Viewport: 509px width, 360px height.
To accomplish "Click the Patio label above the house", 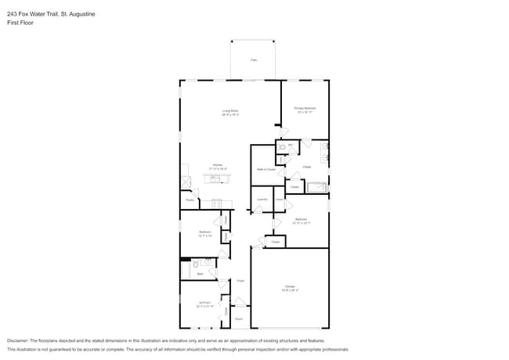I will pos(253,60).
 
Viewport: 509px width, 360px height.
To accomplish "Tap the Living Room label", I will pos(230,113).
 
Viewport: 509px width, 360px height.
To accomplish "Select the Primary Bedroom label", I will pos(304,110).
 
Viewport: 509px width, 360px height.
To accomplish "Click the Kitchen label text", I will pos(218,166).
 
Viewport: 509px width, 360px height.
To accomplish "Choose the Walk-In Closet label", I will pos(265,169).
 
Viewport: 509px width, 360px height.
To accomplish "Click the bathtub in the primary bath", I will pos(316,187).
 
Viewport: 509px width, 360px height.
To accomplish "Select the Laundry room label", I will pos(262,200).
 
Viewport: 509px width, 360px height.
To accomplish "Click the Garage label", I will pos(290,288).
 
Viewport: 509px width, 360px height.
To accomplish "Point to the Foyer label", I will pos(240,280).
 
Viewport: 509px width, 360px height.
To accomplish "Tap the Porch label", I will pos(238,319).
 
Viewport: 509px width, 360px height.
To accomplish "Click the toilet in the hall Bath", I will pos(195,266).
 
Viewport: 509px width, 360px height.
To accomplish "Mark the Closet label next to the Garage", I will pos(275,242).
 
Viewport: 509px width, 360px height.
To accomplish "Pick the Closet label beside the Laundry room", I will pos(279,200).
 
